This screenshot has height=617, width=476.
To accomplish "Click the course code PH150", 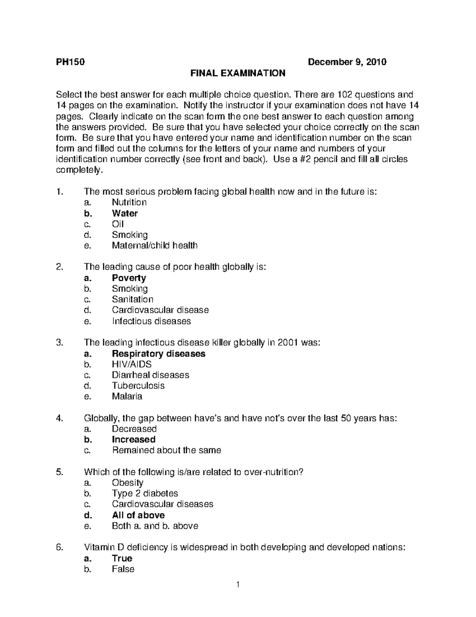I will [x=70, y=62].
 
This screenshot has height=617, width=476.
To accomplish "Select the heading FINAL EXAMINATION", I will [x=238, y=73].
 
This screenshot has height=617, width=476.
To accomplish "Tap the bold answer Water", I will [x=125, y=213].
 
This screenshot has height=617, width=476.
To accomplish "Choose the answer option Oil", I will [x=118, y=224].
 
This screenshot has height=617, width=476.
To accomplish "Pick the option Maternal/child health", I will [x=154, y=246].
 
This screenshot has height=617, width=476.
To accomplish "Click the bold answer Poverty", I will [x=129, y=278].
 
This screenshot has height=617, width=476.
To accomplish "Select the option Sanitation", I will [x=132, y=299].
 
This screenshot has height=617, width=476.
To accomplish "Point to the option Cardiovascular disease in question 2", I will [x=160, y=310].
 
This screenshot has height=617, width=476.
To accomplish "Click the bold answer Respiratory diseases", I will [x=159, y=354].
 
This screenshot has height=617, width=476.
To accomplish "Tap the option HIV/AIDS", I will [x=132, y=364].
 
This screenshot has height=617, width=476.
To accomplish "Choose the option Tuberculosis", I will [x=138, y=386].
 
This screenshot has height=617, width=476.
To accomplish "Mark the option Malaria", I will [x=127, y=397].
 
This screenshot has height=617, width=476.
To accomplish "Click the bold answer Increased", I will [x=134, y=439].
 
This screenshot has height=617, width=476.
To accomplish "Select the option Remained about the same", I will [x=167, y=450].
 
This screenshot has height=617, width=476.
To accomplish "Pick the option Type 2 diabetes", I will [x=145, y=493].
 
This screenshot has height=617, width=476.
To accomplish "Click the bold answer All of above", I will [x=138, y=515].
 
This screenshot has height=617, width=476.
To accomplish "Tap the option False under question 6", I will [x=123, y=569].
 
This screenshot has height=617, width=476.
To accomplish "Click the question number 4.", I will [x=59, y=418].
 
